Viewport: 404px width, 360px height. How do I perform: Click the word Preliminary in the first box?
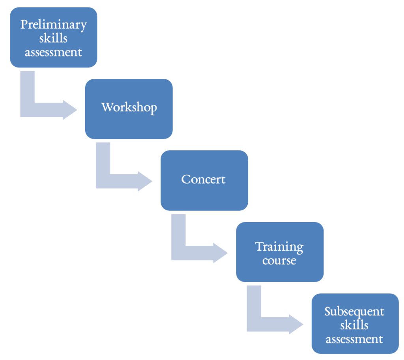tap(53, 24)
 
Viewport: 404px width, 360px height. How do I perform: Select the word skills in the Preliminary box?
tap(53, 38)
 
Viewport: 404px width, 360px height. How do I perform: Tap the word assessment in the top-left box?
tap(53, 52)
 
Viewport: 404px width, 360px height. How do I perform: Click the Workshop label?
tap(129, 107)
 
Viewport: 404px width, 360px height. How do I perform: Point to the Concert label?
tap(204, 179)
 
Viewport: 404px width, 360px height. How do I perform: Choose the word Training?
tap(279, 247)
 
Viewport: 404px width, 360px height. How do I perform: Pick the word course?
tap(279, 261)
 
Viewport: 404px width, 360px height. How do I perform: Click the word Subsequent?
tap(354, 311)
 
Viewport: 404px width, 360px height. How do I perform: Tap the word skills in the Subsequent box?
tap(354, 325)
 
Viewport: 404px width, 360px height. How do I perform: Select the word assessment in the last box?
tap(354, 339)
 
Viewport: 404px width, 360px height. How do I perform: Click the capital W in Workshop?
tap(107, 107)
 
